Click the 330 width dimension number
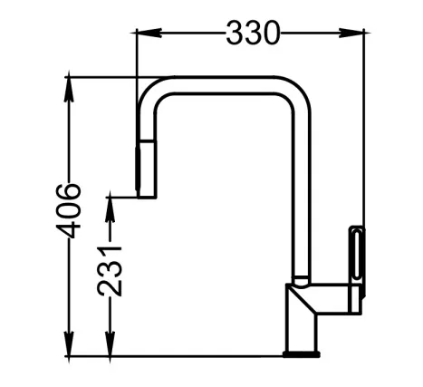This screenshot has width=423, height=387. pyautogui.click(x=253, y=33)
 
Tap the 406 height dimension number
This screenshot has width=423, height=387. pyautogui.click(x=69, y=210)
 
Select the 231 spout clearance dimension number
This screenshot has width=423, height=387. pyautogui.click(x=110, y=271)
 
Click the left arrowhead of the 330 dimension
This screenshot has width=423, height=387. pyautogui.click(x=149, y=33)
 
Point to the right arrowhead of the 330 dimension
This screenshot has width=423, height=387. pyautogui.click(x=351, y=33)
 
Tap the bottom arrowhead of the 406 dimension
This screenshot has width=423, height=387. pyautogui.click(x=69, y=343)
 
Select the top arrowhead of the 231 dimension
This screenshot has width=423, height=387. pyautogui.click(x=111, y=209)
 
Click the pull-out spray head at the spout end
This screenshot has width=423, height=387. pyautogui.click(x=146, y=169)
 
